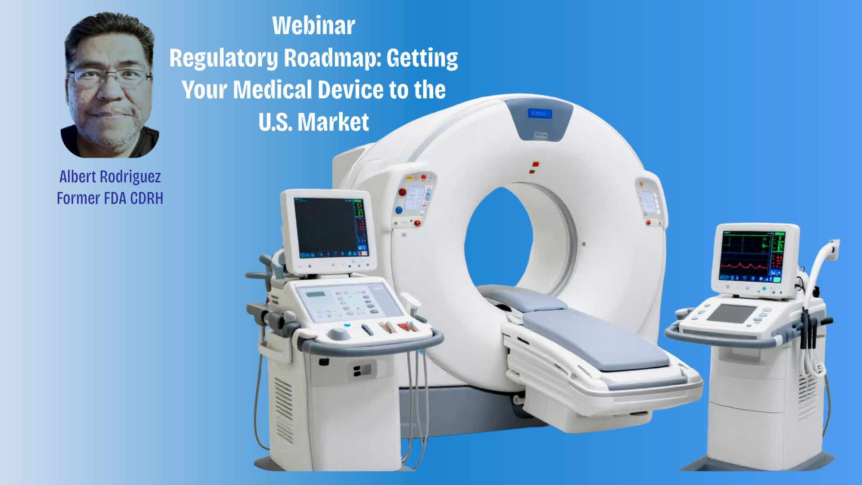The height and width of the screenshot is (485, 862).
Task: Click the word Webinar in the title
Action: click(x=313, y=26)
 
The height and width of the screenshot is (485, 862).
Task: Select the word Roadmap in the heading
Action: click(x=332, y=58)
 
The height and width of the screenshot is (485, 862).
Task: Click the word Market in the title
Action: click(x=333, y=122)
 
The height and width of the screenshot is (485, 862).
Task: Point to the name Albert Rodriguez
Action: click(x=110, y=176)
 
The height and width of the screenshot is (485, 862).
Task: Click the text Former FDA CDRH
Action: click(x=110, y=198)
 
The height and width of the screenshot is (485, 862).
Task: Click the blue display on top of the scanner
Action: click(x=540, y=113)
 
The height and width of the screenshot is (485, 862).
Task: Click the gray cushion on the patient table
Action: click(x=593, y=337)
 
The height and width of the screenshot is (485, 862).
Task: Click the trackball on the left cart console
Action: click(x=338, y=334)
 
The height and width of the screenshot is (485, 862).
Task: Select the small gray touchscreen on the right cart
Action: click(x=732, y=313)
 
